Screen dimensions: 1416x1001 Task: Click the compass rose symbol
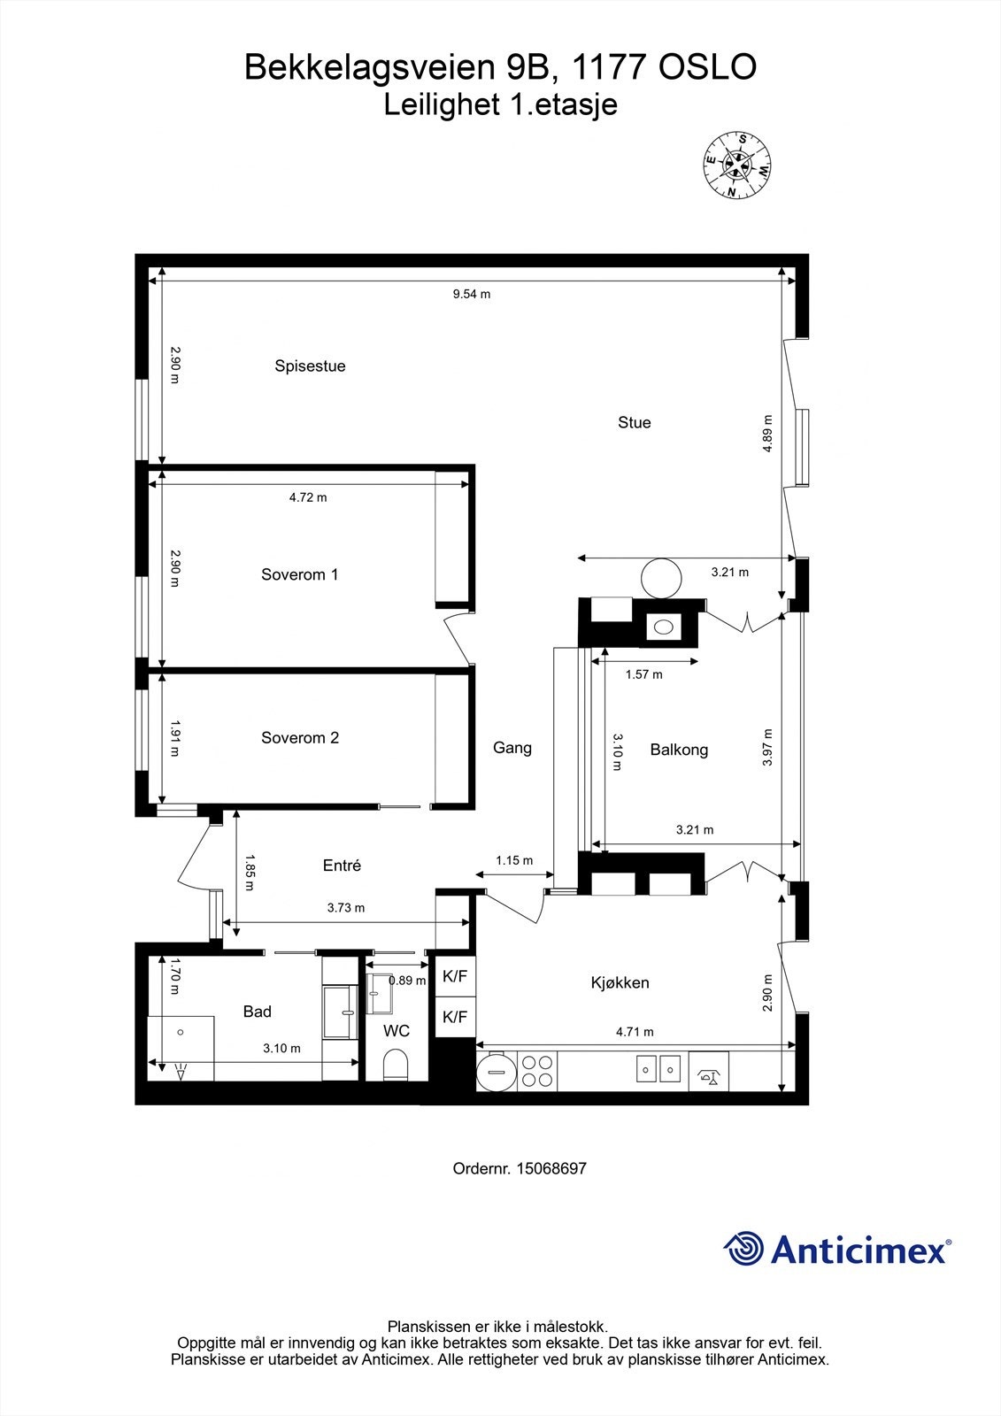pyautogui.click(x=737, y=164)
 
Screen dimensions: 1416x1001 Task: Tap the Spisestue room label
pyautogui.click(x=310, y=366)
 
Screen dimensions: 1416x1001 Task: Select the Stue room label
pyautogui.click(x=634, y=423)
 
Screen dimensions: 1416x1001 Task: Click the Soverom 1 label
pyautogui.click(x=299, y=574)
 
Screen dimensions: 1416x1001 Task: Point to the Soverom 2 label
pyautogui.click(x=299, y=738)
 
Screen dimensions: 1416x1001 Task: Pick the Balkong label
pyautogui.click(x=679, y=750)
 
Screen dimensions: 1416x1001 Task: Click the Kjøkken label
pyautogui.click(x=620, y=982)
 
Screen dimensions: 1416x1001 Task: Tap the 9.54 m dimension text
pyautogui.click(x=471, y=294)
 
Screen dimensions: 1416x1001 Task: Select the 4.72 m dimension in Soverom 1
pyautogui.click(x=308, y=497)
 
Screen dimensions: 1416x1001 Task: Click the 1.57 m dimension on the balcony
pyautogui.click(x=643, y=674)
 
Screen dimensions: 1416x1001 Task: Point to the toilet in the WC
pyautogui.click(x=396, y=1065)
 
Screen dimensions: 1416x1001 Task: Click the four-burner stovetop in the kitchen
pyautogui.click(x=536, y=1071)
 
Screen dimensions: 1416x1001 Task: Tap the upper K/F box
pyautogui.click(x=455, y=977)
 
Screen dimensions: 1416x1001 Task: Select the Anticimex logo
pyautogui.click(x=836, y=1249)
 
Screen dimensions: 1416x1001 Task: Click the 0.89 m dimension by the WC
pyautogui.click(x=407, y=981)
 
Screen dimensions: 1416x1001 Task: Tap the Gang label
pyautogui.click(x=512, y=748)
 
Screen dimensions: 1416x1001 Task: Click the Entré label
pyautogui.click(x=342, y=866)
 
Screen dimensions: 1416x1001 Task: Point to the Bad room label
pyautogui.click(x=257, y=1012)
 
